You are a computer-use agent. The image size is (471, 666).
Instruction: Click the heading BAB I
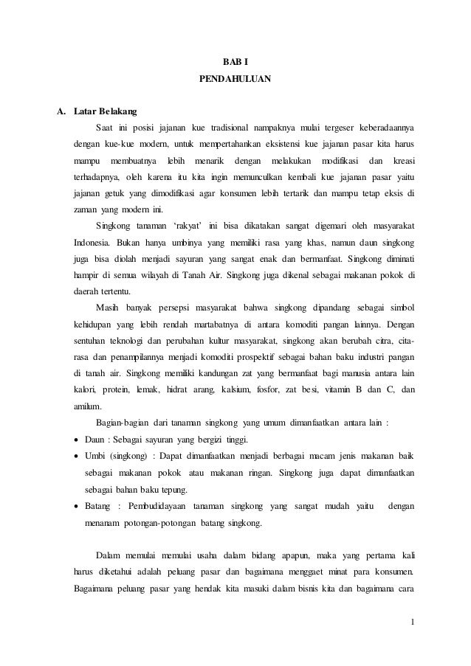(235, 56)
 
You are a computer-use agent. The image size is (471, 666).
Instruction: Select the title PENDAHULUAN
(235, 76)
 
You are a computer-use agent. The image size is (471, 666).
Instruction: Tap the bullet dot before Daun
(77, 440)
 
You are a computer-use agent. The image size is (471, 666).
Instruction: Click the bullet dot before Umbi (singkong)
(77, 457)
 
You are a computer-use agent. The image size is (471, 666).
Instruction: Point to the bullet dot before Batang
(77, 507)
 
